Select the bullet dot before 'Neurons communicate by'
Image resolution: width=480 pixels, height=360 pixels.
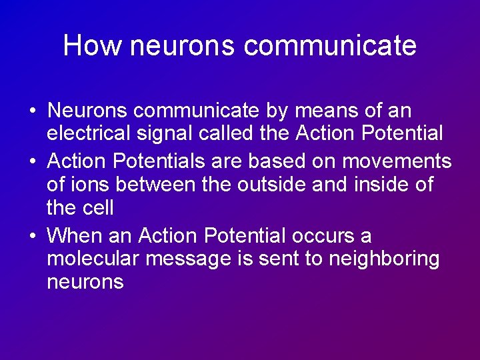tap(31, 111)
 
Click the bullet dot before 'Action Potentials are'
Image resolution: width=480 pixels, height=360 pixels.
tap(31, 162)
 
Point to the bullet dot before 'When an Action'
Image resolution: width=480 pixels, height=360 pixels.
tap(31, 237)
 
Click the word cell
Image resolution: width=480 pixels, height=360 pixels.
tap(98, 208)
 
